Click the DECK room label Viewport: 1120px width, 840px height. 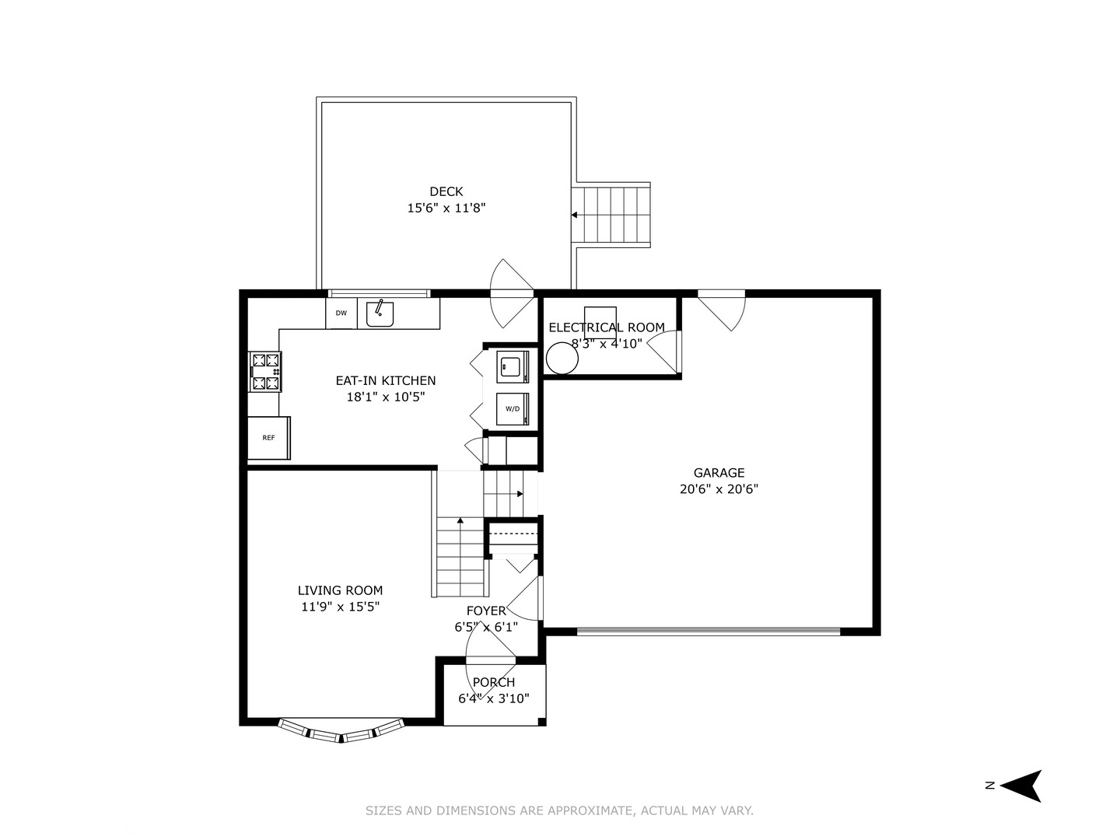[446, 191]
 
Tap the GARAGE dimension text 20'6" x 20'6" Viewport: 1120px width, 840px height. [719, 489]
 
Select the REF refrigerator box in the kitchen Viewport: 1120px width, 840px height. [268, 438]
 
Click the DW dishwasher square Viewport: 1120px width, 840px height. [341, 313]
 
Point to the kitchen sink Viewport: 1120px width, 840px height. [380, 313]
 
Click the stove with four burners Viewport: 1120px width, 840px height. [265, 372]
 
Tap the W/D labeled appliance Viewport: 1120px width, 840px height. [513, 409]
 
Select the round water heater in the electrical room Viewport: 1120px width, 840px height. [562, 359]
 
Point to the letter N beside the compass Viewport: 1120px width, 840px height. [990, 786]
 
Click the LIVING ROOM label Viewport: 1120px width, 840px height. [340, 590]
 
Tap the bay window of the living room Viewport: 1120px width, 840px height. [341, 731]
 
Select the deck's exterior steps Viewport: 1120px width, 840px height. [611, 215]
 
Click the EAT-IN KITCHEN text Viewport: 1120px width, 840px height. [385, 381]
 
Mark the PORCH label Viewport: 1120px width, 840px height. [493, 682]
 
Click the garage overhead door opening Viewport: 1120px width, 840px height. [708, 632]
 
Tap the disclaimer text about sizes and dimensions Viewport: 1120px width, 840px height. [559, 810]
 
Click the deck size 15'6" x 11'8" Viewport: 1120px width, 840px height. [446, 208]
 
